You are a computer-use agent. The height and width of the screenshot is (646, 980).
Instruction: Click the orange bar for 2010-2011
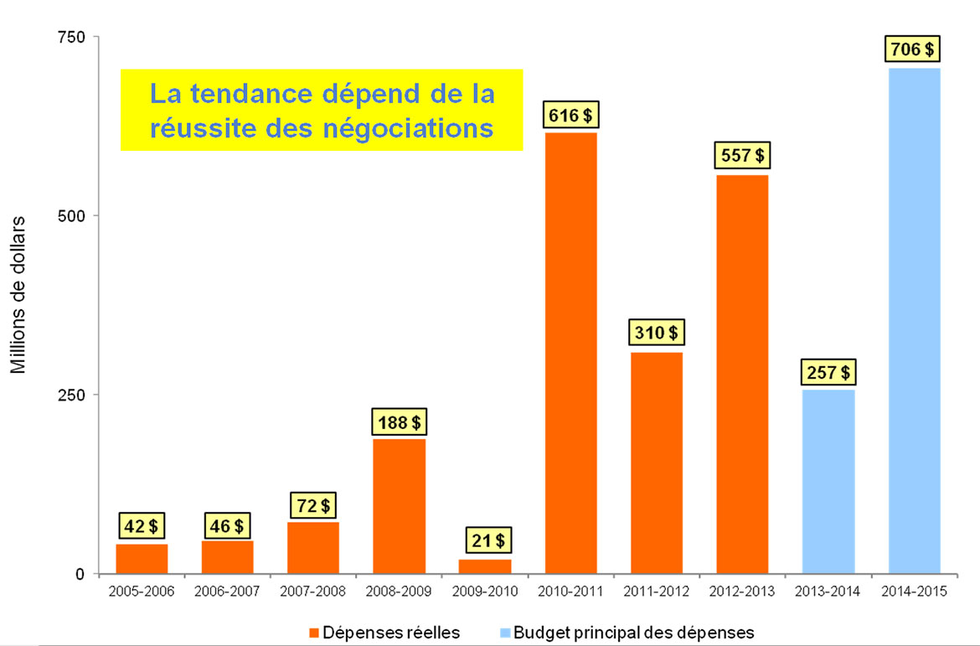tap(571, 353)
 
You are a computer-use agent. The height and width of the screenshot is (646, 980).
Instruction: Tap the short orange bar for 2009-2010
tap(485, 566)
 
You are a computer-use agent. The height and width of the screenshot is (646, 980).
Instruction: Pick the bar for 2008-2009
tap(399, 506)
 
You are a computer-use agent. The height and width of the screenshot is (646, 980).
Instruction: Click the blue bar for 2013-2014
tap(828, 482)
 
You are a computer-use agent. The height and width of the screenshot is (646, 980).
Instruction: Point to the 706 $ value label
tap(914, 49)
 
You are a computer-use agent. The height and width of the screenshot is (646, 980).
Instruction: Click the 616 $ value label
tap(571, 115)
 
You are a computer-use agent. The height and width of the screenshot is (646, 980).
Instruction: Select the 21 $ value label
tap(485, 540)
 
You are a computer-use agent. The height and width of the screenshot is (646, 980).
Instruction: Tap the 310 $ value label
tap(657, 333)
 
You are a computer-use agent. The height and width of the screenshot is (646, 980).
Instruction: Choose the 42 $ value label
tap(142, 526)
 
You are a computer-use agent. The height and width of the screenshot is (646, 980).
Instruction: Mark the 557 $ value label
tap(742, 156)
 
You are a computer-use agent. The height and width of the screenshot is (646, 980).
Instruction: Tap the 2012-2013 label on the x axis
tap(742, 592)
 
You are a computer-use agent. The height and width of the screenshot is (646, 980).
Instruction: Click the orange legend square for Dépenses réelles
tap(314, 633)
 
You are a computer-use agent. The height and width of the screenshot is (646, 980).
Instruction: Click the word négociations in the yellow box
tap(407, 128)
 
